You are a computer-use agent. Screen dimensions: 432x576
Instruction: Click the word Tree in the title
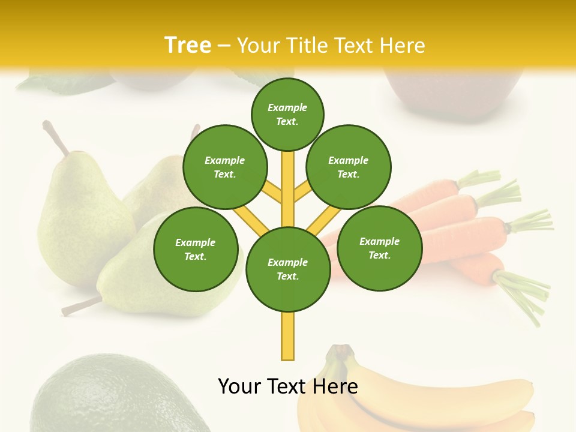[188, 45]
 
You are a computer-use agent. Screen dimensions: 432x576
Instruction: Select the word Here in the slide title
[402, 45]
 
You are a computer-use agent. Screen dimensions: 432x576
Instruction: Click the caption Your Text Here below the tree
[287, 386]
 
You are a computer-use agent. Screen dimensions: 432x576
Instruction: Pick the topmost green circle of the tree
[287, 114]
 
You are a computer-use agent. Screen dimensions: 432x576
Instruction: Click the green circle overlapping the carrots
[379, 248]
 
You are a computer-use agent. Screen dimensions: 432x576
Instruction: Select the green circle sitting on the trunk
[288, 269]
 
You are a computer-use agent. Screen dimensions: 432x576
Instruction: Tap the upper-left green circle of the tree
[224, 167]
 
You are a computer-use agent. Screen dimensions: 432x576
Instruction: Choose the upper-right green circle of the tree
[348, 167]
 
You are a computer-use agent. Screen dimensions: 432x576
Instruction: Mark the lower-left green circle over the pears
[196, 249]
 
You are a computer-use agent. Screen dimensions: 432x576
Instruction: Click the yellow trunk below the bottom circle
[288, 336]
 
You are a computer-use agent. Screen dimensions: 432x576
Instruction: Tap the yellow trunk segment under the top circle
[288, 180]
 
